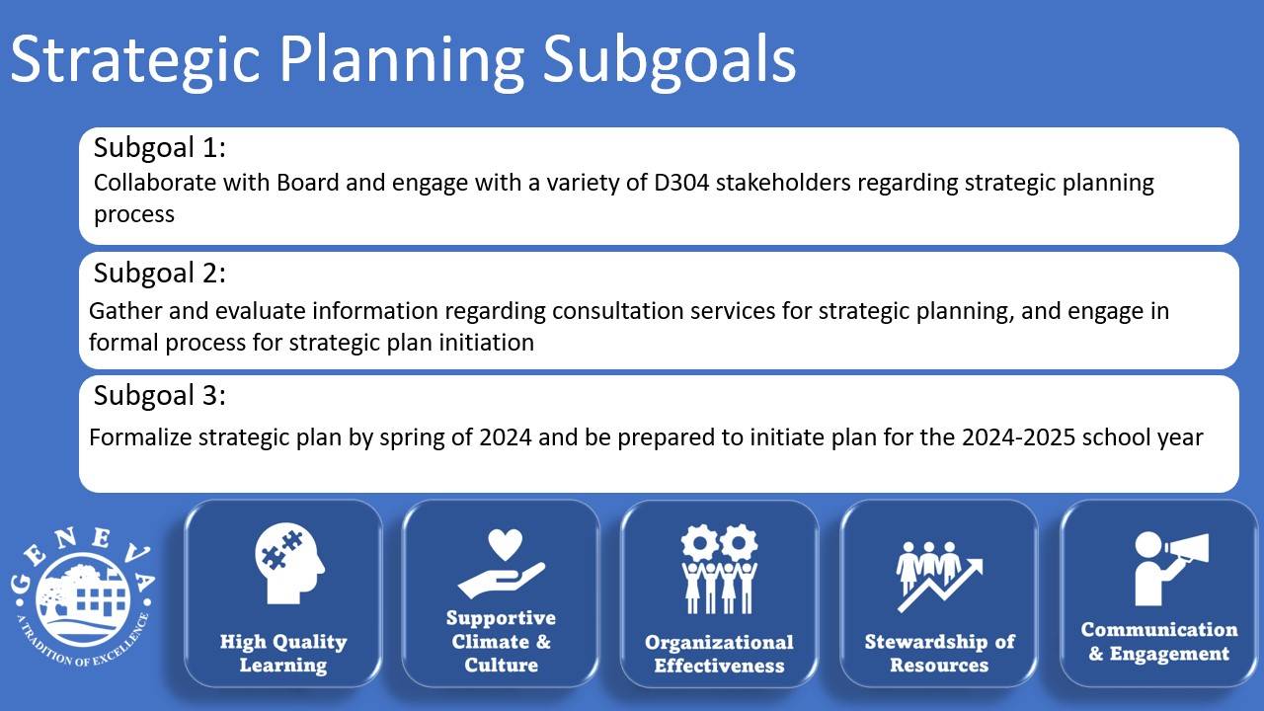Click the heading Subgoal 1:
(x=160, y=148)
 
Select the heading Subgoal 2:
(x=160, y=274)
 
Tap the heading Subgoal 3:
(x=160, y=396)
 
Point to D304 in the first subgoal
(x=681, y=183)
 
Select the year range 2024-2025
(x=1018, y=437)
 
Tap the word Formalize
(x=140, y=437)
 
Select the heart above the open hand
(x=505, y=543)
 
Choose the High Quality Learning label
(x=283, y=654)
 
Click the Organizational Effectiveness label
(x=720, y=654)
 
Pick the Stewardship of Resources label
(x=939, y=654)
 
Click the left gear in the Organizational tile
(x=699, y=543)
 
